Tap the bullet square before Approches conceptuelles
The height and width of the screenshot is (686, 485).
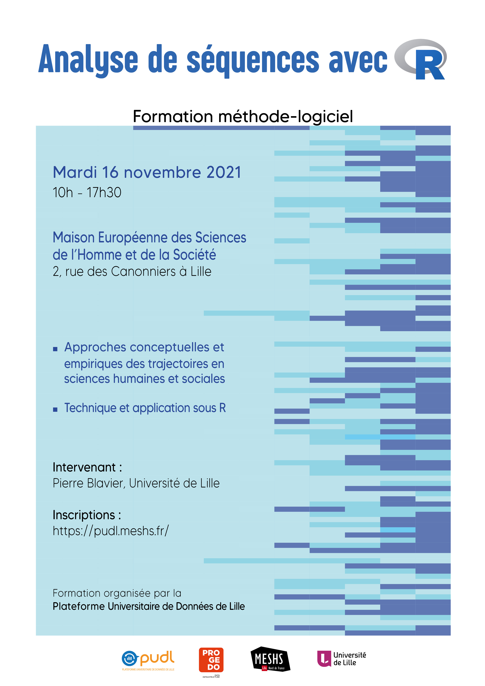55,349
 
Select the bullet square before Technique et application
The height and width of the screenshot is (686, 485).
55,410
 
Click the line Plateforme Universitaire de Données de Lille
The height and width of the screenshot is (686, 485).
149,606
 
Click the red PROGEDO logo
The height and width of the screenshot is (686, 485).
211,660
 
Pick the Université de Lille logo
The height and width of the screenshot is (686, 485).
341,659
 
